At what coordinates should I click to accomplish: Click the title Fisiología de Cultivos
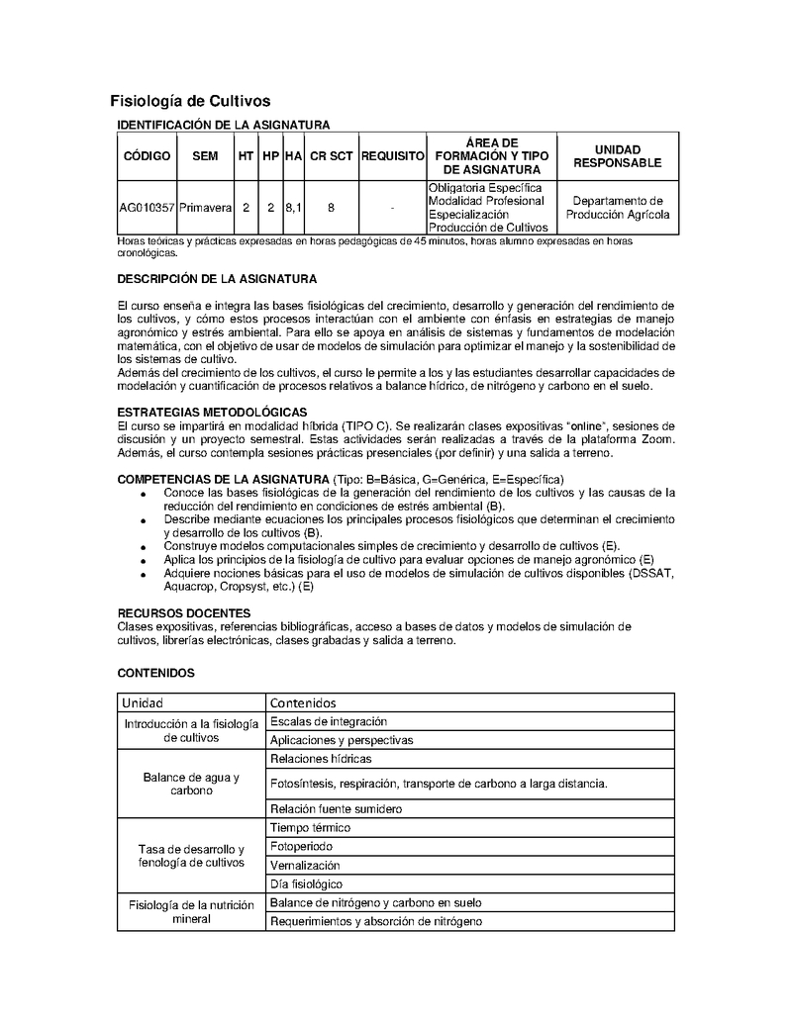pos(189,101)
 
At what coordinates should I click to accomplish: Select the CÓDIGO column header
pos(147,156)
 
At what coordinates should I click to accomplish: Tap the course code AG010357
pos(147,208)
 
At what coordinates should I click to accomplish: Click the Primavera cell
pos(205,208)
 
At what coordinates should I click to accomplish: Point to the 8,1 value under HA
pos(293,208)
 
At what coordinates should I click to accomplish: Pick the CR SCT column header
pos(331,156)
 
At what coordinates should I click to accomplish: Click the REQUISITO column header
pos(392,156)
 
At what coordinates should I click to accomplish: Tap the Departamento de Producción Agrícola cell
pos(621,207)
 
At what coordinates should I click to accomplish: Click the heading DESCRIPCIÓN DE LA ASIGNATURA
pos(217,279)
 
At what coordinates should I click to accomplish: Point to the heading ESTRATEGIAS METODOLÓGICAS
pos(212,412)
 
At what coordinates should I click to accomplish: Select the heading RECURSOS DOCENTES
pos(184,613)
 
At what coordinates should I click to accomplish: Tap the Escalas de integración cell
pos(328,721)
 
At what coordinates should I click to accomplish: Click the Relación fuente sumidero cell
pos(336,808)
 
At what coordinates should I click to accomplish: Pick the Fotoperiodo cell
pos(301,847)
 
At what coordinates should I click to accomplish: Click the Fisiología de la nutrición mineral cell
pos(191,911)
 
